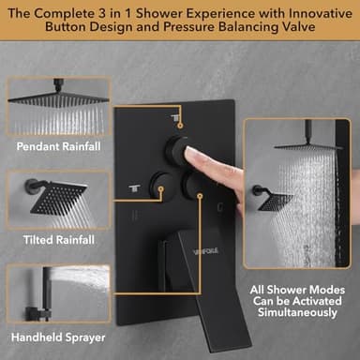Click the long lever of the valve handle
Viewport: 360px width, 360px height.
click(199, 291)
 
